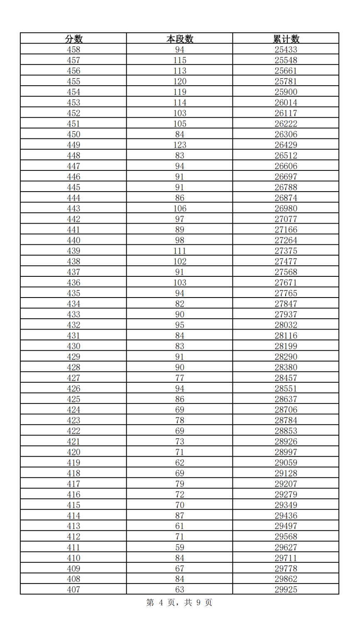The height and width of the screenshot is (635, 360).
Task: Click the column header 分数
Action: [x=74, y=39]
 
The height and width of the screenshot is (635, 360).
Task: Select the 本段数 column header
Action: [x=180, y=39]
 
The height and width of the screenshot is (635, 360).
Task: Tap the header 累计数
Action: [x=286, y=39]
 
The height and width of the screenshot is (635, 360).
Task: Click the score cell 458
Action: [x=74, y=50]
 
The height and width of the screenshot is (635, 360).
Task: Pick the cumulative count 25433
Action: [x=286, y=50]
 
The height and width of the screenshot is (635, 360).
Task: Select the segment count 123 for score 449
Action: [x=180, y=145]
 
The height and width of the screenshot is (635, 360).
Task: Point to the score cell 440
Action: [x=74, y=240]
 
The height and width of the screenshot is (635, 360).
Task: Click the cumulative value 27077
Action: [x=286, y=219]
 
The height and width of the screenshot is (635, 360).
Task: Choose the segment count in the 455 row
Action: [x=180, y=81]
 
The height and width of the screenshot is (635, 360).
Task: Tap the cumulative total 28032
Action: [x=286, y=325]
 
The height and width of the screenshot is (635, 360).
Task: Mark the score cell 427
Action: [x=74, y=378]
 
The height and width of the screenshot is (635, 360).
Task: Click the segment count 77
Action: [x=180, y=378]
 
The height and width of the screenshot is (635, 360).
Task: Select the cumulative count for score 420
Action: [x=286, y=452]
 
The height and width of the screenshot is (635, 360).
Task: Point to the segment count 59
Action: [x=180, y=547]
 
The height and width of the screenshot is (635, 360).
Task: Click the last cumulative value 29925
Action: [x=286, y=589]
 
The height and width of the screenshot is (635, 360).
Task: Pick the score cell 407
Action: [x=74, y=589]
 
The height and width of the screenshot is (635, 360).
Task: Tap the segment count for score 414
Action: [x=180, y=516]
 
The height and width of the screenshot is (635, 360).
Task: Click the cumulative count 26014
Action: [x=286, y=103]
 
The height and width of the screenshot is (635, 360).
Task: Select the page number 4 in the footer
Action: [x=161, y=603]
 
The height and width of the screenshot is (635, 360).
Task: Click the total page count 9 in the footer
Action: [x=199, y=603]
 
